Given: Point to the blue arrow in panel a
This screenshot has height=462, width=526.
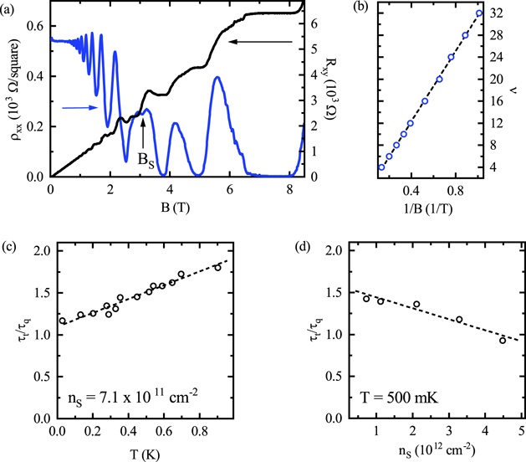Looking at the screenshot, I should [x=76, y=106].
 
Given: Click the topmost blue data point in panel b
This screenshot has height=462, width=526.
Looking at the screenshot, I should [x=479, y=13].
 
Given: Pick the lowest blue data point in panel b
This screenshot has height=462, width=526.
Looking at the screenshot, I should [x=381, y=167].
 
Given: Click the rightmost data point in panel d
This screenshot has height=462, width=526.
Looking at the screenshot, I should [x=503, y=340].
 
